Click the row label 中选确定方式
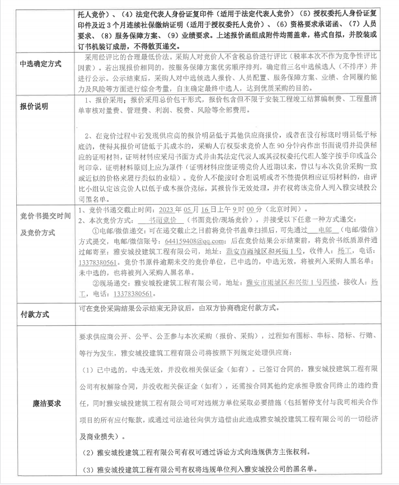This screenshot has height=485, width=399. [x=41, y=63]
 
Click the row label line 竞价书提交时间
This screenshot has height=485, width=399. [x=46, y=215]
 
